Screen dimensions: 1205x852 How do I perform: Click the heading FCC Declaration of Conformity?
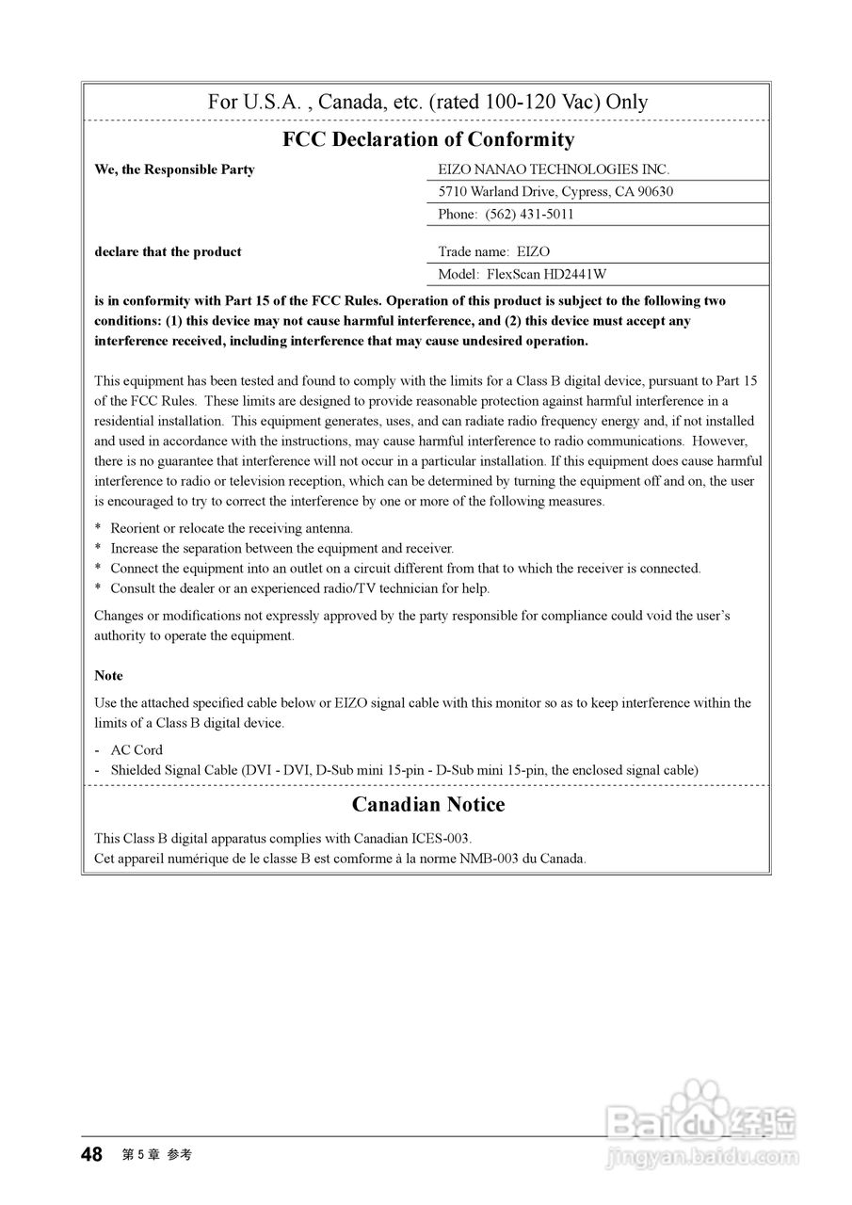tap(428, 140)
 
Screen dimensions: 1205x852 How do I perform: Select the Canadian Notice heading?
tap(428, 805)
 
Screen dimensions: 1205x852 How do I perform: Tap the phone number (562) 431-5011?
tap(529, 215)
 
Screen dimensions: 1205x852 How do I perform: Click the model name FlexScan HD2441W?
tap(547, 275)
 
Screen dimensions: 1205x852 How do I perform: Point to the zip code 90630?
tap(655, 192)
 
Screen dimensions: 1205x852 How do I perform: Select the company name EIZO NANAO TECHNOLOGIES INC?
tap(554, 169)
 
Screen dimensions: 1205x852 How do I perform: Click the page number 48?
tap(91, 1155)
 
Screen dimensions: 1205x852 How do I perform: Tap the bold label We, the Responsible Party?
tap(174, 169)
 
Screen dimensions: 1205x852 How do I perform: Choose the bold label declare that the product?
tap(168, 252)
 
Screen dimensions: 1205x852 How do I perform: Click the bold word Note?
tap(108, 676)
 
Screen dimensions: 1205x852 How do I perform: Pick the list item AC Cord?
tap(137, 750)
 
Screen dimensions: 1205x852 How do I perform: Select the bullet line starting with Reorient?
tap(232, 529)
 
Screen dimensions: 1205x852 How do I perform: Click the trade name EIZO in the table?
tap(534, 252)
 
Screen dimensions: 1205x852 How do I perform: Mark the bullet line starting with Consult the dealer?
tap(299, 589)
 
